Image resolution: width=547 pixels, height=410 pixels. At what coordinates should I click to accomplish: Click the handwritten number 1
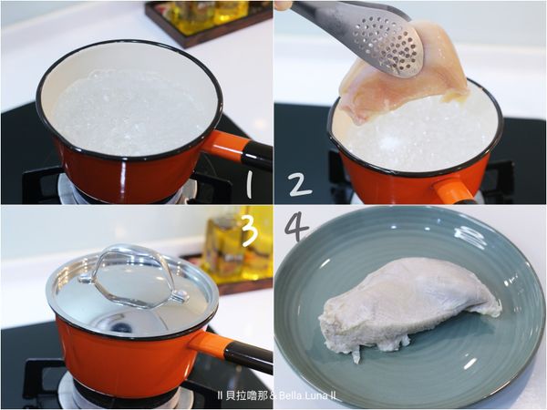pos(248,184)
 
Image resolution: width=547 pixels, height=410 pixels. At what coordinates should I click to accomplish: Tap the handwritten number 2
pos(300,184)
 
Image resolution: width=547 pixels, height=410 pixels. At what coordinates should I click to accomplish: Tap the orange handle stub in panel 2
pos(452,191)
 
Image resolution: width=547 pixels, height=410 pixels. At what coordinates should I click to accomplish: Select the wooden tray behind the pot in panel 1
pos(209,23)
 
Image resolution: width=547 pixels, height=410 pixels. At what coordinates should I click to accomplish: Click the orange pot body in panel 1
pos(129,174)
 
